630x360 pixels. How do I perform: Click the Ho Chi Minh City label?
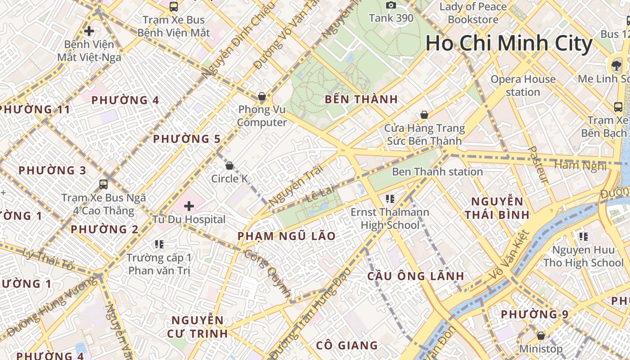click(509, 44)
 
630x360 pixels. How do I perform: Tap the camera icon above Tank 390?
click(391, 5)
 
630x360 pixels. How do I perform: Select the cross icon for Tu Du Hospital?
click(189, 206)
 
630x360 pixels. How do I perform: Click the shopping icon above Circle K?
click(229, 166)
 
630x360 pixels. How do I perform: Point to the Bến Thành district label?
click(361, 99)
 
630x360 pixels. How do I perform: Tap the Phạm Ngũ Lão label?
click(286, 236)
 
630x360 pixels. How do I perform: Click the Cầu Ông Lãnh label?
click(415, 276)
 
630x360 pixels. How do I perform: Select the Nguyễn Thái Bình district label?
click(497, 208)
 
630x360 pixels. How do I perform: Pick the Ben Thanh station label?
click(437, 172)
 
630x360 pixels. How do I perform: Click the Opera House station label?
click(523, 85)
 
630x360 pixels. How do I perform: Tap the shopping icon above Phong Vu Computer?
click(261, 96)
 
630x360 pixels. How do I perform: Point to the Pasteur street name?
click(538, 165)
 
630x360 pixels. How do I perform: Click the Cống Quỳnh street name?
click(268, 273)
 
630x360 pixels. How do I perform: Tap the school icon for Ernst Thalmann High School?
click(390, 198)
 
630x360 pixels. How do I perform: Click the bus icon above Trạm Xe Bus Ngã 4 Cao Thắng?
click(103, 184)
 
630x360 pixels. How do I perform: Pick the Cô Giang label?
click(346, 346)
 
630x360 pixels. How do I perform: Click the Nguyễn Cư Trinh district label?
click(198, 327)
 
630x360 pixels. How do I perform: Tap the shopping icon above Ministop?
click(541, 336)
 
